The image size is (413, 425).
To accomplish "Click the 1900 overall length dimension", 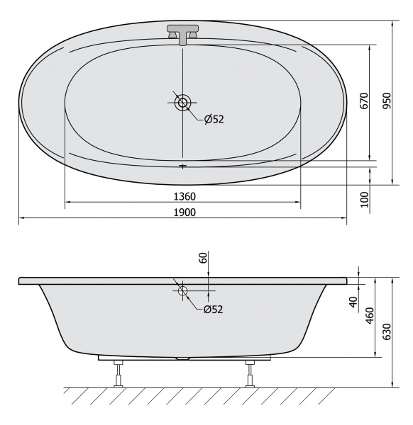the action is pos(185,212).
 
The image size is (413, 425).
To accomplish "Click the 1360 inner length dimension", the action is pos(185,196).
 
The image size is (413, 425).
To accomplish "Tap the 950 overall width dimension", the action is pos(387,101).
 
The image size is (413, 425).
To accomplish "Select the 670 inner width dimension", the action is pos(365,101).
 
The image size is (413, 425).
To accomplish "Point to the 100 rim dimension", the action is pos(365,200).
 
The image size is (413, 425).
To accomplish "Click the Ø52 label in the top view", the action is pos(214,119).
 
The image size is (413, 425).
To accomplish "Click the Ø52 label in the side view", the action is pos(214,309).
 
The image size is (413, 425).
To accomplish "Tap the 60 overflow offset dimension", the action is pos(203,257).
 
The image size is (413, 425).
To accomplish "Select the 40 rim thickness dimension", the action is pos(353,302).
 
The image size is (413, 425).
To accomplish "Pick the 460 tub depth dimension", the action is pos(370,315).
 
